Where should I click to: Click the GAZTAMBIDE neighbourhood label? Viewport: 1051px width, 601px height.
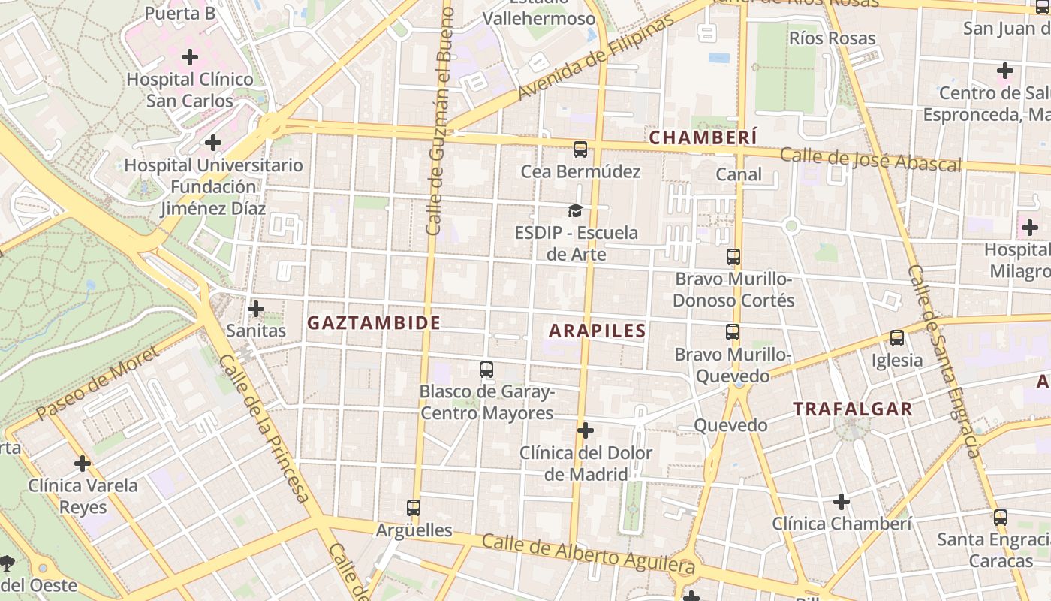click(374, 323)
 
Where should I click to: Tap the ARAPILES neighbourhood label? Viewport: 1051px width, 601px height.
click(598, 331)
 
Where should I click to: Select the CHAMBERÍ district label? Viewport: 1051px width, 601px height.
click(703, 137)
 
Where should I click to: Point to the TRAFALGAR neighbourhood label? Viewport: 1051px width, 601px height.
click(853, 409)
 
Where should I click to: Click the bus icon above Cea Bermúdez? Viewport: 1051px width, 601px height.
click(580, 149)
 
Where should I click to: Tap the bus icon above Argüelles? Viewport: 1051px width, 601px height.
click(413, 508)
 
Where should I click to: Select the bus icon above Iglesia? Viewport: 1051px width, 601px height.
click(897, 338)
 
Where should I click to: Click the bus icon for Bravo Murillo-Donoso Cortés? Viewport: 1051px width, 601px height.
click(733, 257)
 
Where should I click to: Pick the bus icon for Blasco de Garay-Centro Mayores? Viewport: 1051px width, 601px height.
click(486, 370)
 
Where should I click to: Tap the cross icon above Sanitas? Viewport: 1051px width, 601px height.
click(256, 308)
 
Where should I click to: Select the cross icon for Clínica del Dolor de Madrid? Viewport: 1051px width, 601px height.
click(586, 430)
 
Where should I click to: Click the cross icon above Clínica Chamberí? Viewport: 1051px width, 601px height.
click(842, 501)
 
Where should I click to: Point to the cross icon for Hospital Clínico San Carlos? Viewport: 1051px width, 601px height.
click(190, 56)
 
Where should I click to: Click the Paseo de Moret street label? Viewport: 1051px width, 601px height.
click(97, 383)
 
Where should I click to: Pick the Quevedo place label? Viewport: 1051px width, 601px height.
click(730, 425)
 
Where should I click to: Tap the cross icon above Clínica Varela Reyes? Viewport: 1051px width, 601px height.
click(83, 464)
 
